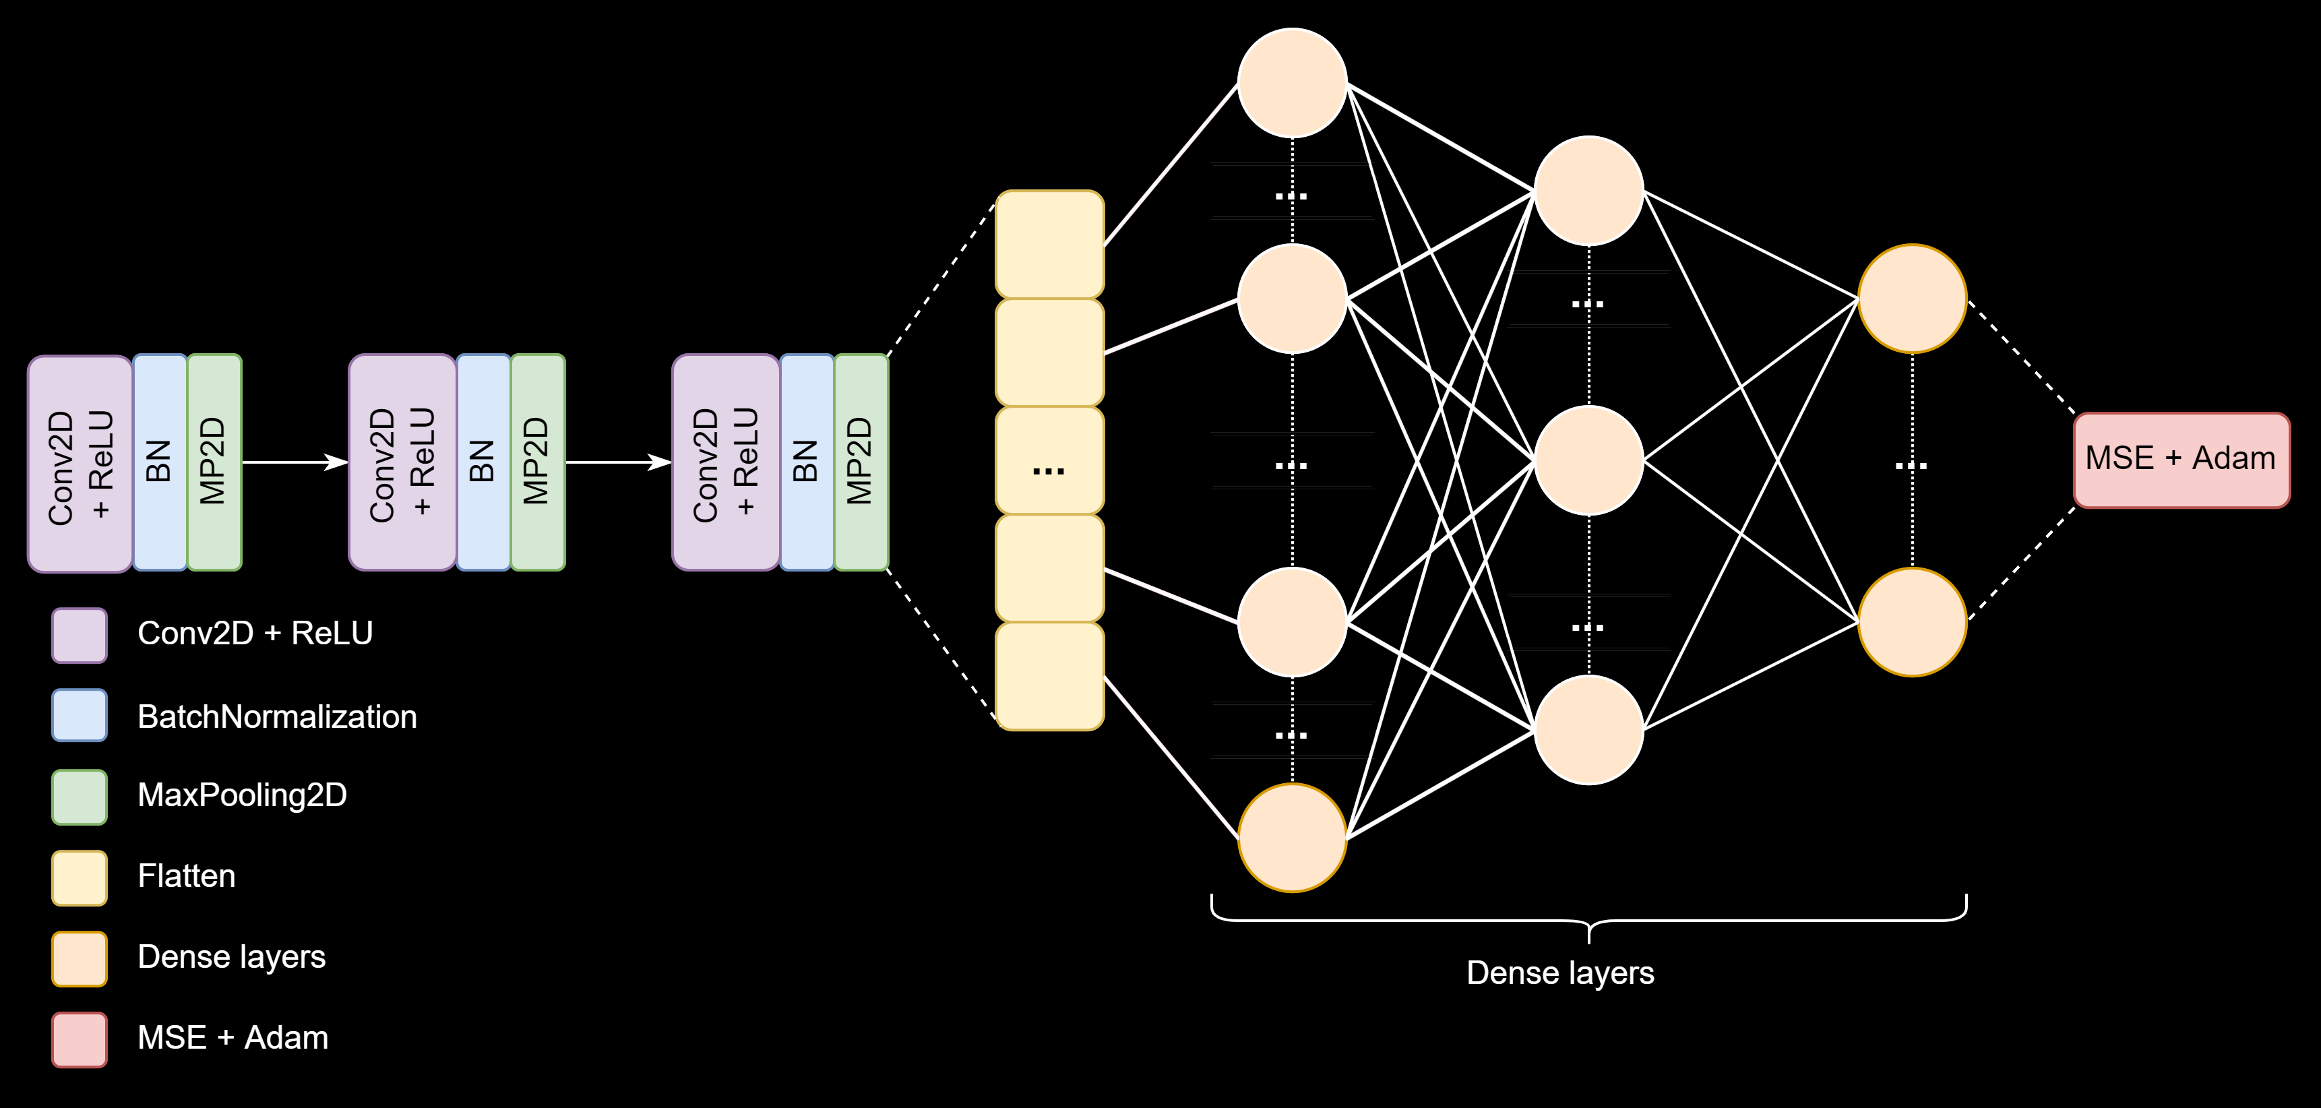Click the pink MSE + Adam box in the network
(2180, 460)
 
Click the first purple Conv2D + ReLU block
(80, 464)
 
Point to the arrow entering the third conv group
(618, 462)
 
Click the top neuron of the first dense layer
(1292, 83)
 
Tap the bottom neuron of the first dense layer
(1292, 838)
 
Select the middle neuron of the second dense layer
(1588, 460)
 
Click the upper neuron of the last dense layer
(1912, 298)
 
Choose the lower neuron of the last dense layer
(1912, 621)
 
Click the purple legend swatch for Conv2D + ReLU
(80, 635)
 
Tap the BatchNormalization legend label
(276, 717)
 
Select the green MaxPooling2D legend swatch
(80, 797)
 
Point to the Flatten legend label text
(187, 876)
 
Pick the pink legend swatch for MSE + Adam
(80, 1039)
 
